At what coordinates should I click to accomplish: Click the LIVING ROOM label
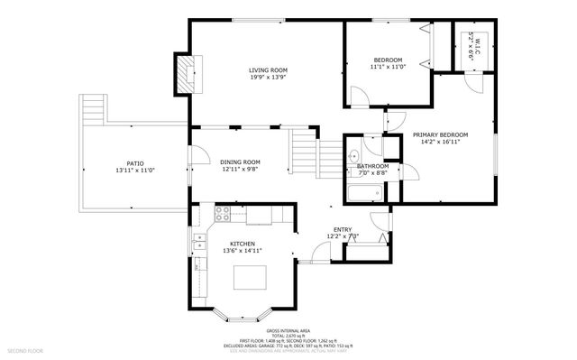268,69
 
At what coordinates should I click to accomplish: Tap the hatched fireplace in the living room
185,72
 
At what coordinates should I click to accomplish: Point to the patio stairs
94,112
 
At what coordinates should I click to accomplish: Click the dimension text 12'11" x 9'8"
240,170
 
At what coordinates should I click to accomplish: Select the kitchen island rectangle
252,278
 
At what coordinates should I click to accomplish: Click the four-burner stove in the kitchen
223,214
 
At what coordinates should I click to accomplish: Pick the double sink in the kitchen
198,243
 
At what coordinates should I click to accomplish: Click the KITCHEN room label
242,244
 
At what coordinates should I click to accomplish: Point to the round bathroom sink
353,155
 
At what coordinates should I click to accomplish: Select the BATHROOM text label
372,166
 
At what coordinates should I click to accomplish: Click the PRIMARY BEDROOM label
440,134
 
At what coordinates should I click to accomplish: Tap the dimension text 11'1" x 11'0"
387,66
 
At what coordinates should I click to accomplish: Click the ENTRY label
343,229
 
